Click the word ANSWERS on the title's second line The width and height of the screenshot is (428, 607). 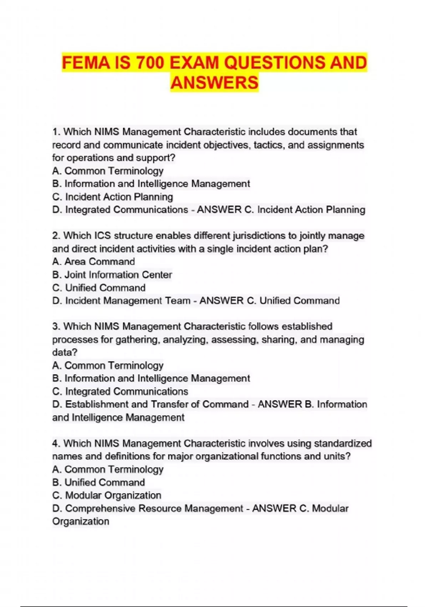pos(214,83)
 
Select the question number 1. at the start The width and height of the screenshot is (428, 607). pos(57,132)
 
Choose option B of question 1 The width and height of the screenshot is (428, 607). pos(151,184)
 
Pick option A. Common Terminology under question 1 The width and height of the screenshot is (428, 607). pos(108,171)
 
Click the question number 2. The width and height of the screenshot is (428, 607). pos(57,236)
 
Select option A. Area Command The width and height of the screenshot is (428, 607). pos(93,262)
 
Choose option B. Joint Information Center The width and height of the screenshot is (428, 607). pos(112,275)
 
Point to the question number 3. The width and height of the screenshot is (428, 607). pos(57,326)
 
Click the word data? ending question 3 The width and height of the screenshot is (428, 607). pos(65,352)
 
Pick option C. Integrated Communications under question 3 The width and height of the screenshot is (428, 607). pos(120,391)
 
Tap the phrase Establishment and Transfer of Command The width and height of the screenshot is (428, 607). pos(157,404)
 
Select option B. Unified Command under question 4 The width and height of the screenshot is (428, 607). pos(98,482)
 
